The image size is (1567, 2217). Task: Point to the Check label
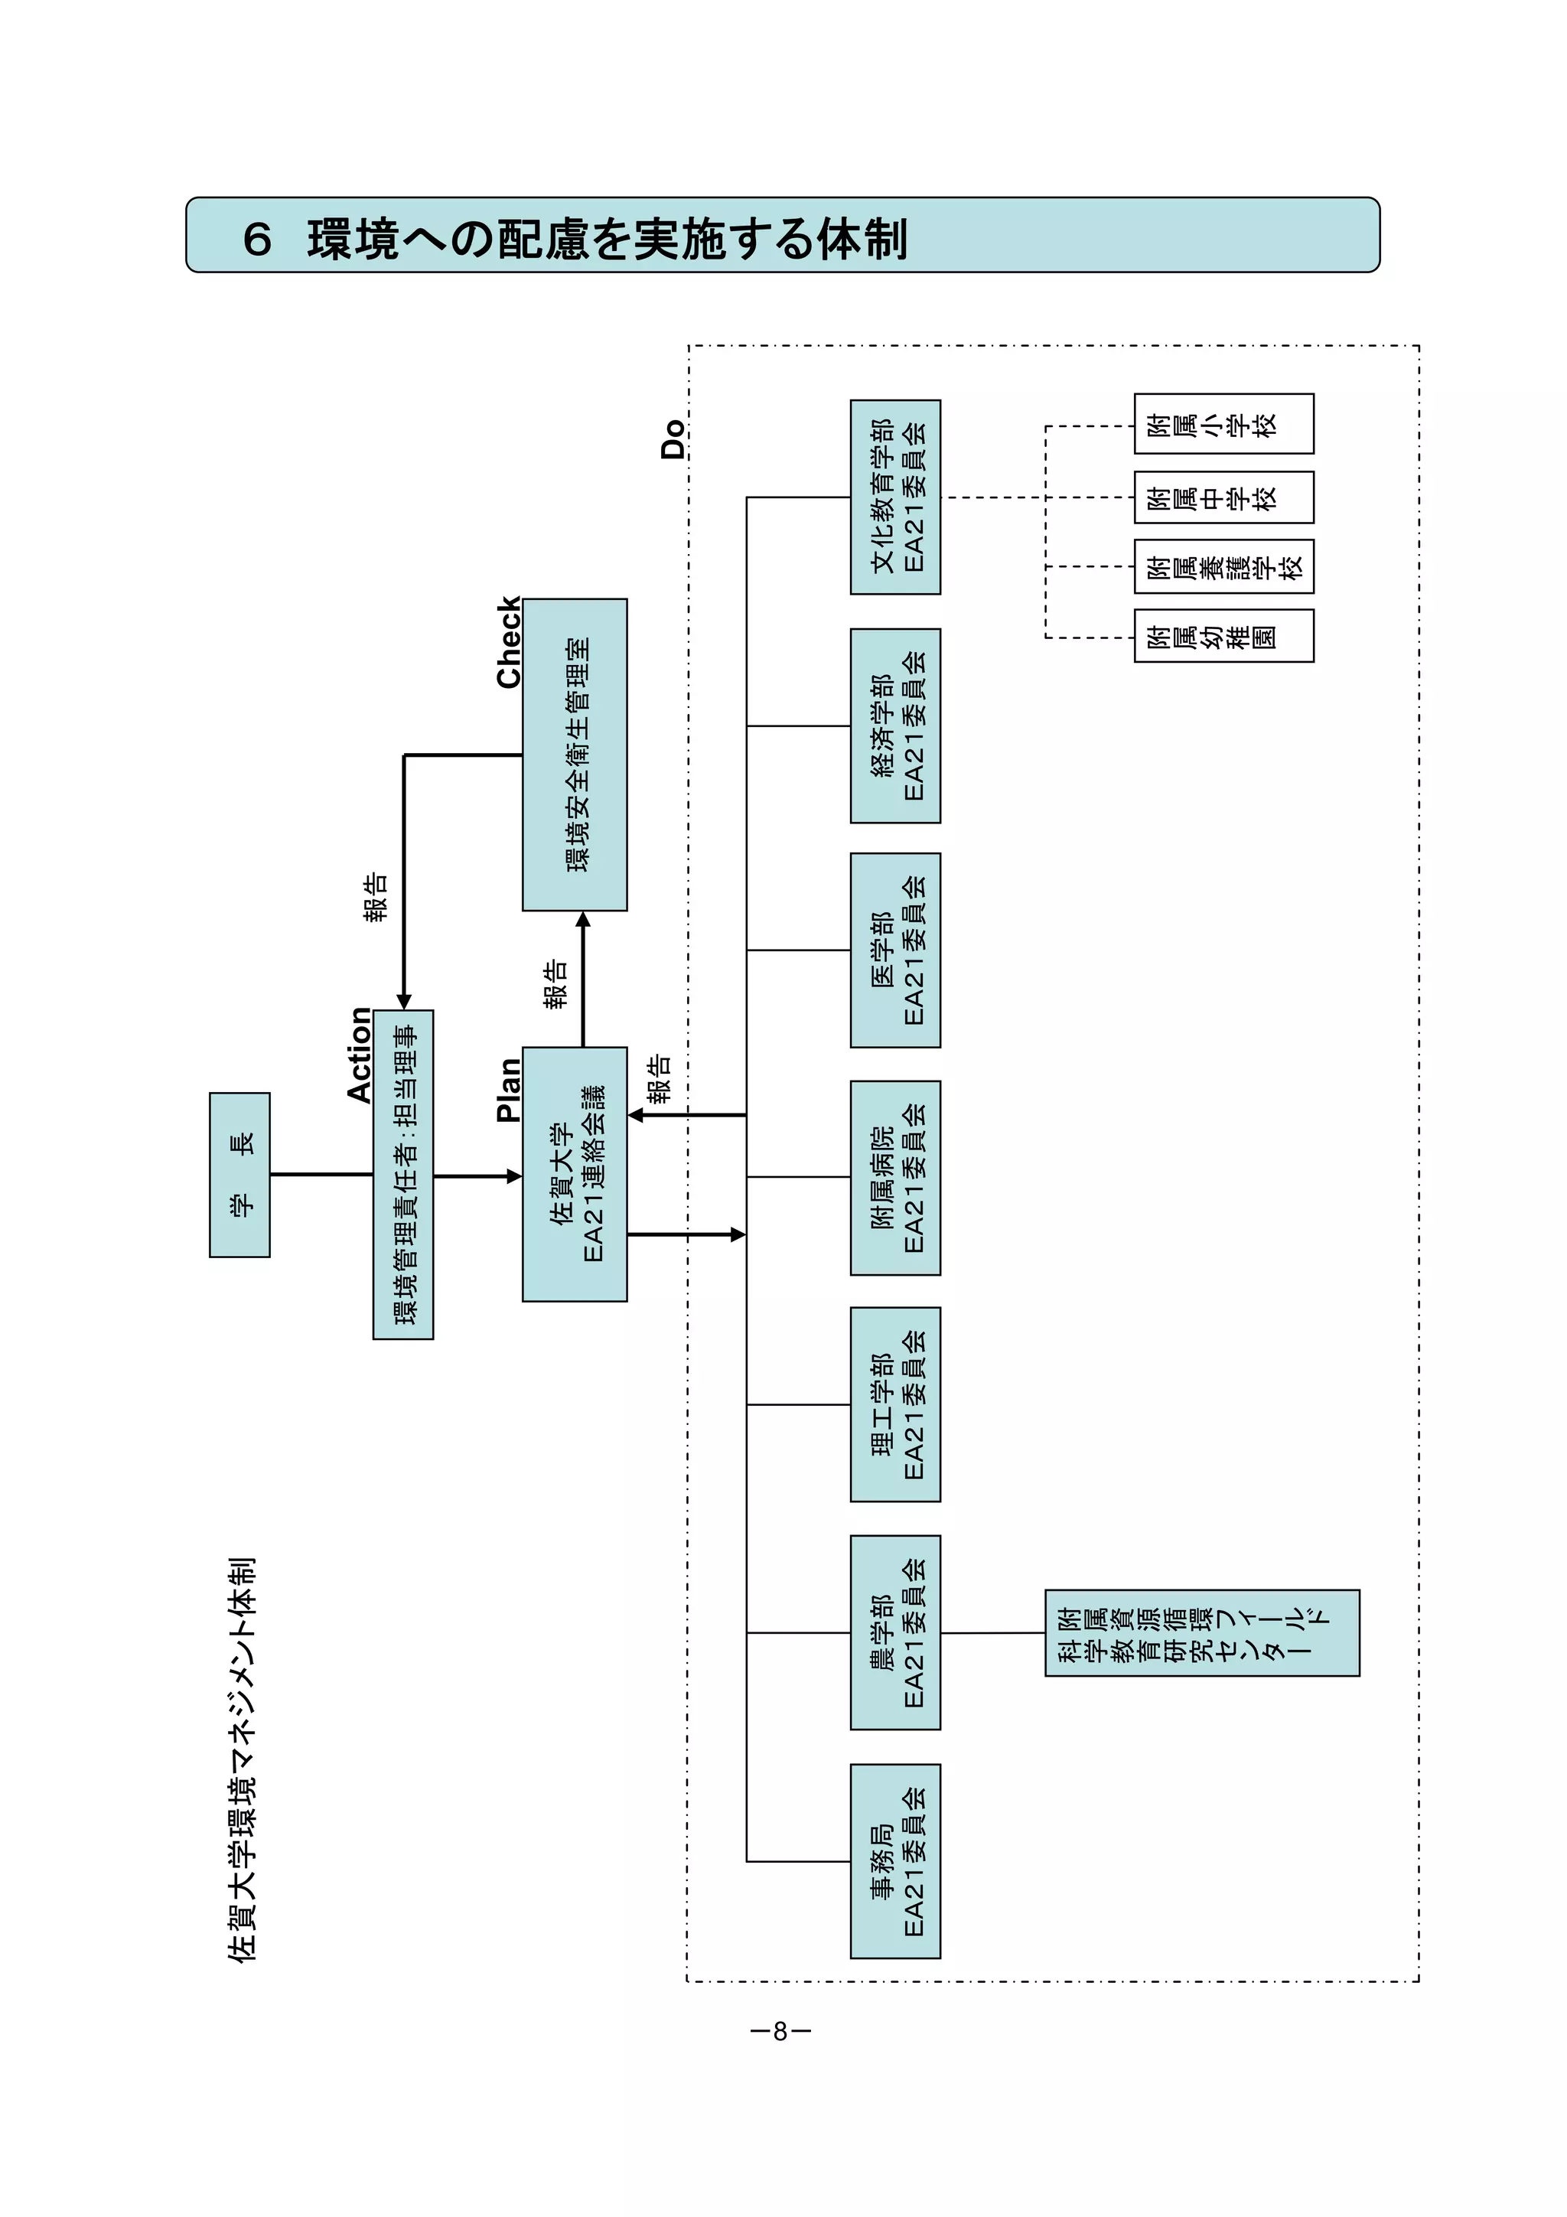509,643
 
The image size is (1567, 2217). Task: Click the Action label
359,1055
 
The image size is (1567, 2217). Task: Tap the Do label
673,439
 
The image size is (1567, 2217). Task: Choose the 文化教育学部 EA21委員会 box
895,497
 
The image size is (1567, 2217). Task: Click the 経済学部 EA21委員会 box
895,725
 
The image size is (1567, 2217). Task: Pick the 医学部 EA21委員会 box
895,950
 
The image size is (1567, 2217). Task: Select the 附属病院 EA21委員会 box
895,1177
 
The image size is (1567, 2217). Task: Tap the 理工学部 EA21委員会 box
895,1404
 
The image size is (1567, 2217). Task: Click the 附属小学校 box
1223,424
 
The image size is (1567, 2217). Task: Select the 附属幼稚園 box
1223,635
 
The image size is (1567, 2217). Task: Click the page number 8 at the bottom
780,2032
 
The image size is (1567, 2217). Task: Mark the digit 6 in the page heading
257,239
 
